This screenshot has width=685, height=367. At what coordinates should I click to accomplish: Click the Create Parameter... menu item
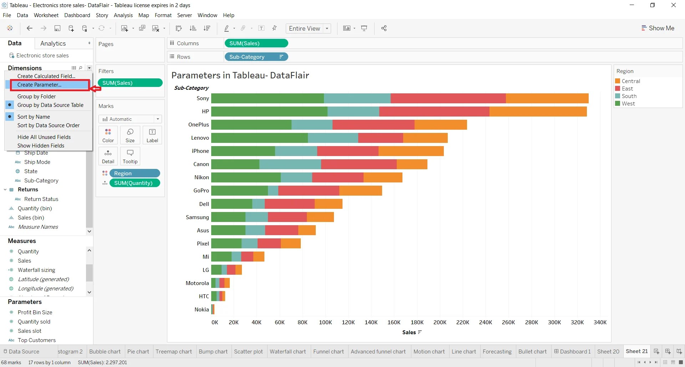[39, 85]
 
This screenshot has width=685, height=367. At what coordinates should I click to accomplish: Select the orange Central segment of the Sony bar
[547, 98]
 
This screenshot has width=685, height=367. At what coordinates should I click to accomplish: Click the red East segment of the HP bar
[434, 112]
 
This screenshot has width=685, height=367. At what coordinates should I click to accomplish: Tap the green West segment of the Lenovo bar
[259, 138]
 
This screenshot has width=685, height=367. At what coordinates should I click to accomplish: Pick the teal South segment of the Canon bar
[290, 164]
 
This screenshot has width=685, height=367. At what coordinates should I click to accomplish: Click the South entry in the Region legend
[629, 96]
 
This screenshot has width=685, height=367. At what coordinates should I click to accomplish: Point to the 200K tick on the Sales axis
[440, 322]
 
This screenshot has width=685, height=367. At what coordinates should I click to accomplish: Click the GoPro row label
[201, 191]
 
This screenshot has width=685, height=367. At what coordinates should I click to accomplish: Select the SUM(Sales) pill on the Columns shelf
[256, 43]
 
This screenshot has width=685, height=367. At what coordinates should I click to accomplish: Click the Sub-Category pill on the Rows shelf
[253, 57]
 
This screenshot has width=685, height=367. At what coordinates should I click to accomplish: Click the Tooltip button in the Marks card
[130, 156]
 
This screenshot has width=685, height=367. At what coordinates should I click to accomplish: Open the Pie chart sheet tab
[138, 352]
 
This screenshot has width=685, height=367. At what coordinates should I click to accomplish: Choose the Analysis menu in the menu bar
[123, 15]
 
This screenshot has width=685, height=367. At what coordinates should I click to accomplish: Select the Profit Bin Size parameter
[35, 312]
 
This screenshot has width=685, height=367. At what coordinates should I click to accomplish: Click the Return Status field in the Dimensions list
[41, 199]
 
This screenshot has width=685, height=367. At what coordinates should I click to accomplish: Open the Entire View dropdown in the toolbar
[308, 29]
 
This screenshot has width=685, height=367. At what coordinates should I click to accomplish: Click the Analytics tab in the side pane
[53, 43]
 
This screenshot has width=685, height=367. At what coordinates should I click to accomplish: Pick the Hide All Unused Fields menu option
[44, 137]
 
